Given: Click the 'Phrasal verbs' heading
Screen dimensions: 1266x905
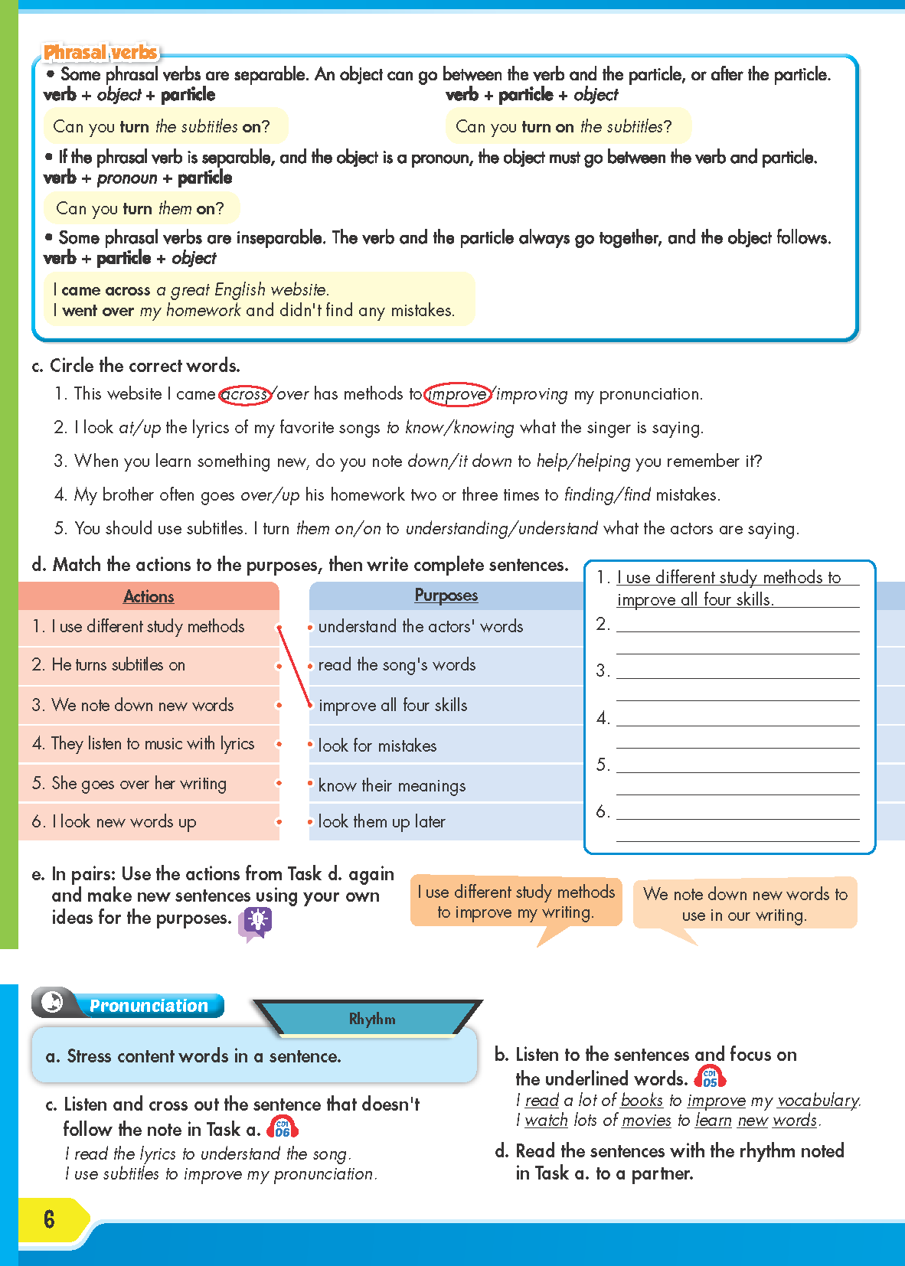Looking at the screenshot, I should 100,52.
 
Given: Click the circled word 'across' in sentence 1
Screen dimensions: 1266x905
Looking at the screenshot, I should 245,394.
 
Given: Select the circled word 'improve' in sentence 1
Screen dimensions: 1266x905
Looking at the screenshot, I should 457,394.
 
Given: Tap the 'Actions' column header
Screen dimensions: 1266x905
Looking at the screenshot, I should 149,596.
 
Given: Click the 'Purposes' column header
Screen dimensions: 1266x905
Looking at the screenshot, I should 446,595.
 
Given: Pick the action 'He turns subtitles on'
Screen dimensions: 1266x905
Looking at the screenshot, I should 119,664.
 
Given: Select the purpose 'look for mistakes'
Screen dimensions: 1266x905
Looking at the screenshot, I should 377,746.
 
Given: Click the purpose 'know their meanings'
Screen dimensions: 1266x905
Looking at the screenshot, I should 391,785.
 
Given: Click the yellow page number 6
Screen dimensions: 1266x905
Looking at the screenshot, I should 49,1219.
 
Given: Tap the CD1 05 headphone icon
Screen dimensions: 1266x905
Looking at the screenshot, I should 710,1078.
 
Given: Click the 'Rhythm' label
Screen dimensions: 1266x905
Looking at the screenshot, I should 372,1019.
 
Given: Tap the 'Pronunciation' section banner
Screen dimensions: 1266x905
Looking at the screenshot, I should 149,1006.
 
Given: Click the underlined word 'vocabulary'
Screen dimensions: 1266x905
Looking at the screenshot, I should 818,1100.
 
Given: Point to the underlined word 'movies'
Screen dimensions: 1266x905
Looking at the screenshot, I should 646,1120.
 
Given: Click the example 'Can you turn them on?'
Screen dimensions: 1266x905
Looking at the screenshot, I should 140,208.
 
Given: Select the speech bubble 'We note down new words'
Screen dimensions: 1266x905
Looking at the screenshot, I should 745,904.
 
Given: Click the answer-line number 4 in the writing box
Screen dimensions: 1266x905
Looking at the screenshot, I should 603,718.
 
